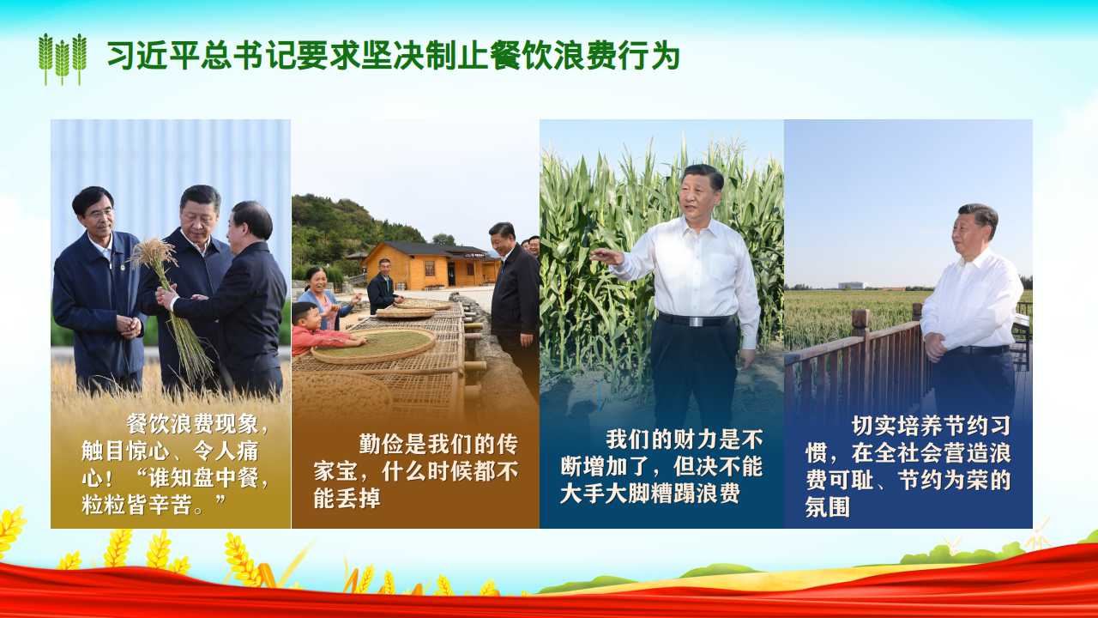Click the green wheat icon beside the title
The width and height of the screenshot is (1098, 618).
tap(63, 59)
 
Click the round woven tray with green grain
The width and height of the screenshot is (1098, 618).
tap(373, 345)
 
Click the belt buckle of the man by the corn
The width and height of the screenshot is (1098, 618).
tap(696, 322)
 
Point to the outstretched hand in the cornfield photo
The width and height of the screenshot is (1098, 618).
tap(606, 256)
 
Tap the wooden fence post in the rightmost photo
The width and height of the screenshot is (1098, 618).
tap(860, 343)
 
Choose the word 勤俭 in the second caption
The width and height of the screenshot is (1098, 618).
tap(382, 445)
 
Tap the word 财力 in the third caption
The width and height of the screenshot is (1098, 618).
tap(696, 439)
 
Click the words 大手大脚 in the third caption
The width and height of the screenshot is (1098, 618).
tap(605, 493)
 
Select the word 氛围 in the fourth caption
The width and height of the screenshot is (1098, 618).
tap(828, 506)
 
